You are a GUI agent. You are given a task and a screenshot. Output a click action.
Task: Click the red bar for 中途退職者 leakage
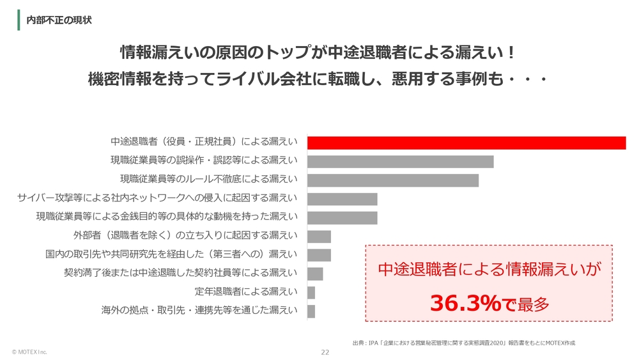coord(466,143)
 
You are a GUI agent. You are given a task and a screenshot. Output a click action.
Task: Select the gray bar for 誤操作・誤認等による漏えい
coord(401,162)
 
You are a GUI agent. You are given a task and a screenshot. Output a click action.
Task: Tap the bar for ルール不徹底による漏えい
coord(393,180)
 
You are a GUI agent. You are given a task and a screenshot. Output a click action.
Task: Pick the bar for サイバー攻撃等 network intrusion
coord(343,199)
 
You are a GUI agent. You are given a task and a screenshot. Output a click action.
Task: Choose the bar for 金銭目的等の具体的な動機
coord(343,217)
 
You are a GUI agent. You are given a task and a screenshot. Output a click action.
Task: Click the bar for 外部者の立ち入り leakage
coord(319,237)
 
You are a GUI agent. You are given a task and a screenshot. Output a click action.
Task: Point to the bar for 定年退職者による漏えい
coord(311,292)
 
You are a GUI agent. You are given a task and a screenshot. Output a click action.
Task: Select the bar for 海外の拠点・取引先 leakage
coord(311,311)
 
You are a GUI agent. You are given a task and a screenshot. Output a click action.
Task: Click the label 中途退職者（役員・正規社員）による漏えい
coord(204,142)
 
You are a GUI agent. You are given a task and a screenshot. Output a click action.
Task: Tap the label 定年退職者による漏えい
coord(246,292)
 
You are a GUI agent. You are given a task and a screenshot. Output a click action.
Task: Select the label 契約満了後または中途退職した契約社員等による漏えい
coord(181,274)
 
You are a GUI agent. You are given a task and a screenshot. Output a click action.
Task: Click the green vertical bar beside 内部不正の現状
coord(19,20)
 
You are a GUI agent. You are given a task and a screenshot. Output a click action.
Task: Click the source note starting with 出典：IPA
coord(464,343)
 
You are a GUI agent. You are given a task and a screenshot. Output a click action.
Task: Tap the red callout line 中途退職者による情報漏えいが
coord(489,270)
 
